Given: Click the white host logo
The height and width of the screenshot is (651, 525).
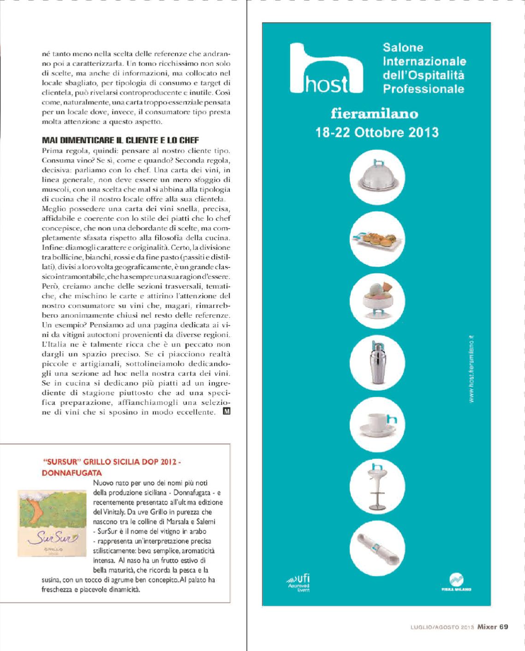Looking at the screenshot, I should click(x=326, y=70).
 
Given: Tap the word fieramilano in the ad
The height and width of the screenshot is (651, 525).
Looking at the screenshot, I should click(x=374, y=114).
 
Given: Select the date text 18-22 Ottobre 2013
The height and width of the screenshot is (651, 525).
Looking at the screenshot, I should click(x=377, y=133).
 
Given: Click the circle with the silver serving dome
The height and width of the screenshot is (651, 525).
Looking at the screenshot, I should click(x=377, y=177).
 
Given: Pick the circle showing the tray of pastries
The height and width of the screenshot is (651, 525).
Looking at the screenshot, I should click(x=377, y=239).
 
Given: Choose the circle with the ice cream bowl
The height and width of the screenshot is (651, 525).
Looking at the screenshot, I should click(x=377, y=301).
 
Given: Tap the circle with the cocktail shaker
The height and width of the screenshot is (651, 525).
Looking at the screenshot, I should click(x=377, y=362).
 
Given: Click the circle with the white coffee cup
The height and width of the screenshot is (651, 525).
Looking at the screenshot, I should click(x=377, y=424).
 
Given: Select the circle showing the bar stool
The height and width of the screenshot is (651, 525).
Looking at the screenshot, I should click(x=377, y=486).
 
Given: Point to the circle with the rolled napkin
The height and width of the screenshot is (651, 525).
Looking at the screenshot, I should click(x=377, y=548).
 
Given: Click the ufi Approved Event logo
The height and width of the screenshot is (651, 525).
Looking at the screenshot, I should click(x=299, y=583).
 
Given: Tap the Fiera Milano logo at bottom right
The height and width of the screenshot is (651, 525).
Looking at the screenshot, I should click(x=456, y=582).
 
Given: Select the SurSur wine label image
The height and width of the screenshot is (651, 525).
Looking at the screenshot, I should click(x=52, y=523).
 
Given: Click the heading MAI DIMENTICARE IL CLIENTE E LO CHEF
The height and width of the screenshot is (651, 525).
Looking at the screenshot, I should click(x=120, y=140).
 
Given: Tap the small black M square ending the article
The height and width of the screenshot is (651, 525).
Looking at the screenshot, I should click(x=227, y=411).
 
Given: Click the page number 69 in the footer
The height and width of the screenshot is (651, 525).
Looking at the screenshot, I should click(x=503, y=627).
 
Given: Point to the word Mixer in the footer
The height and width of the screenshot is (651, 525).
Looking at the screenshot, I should click(x=487, y=627).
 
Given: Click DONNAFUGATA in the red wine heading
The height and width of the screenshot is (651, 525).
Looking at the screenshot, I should click(x=72, y=473).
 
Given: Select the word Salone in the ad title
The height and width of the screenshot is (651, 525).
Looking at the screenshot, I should click(x=403, y=48).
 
